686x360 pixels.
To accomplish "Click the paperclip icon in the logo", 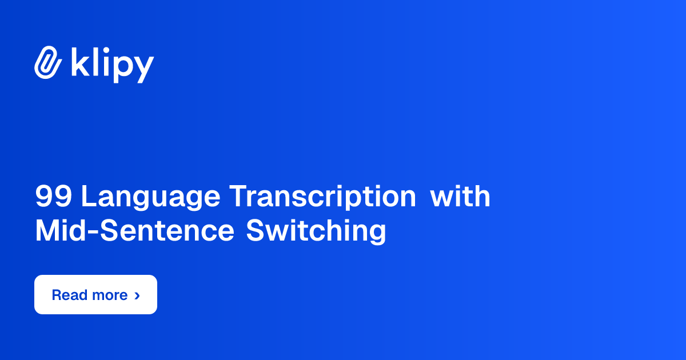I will click(47, 62).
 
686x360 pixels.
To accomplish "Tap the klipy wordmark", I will click(112, 64).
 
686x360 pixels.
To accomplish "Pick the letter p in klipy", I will click(123, 67).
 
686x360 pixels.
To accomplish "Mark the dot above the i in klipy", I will click(105, 50).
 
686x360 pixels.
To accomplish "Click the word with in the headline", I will click(460, 197).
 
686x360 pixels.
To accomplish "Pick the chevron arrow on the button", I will click(137, 295).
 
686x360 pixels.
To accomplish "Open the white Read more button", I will click(95, 295).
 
